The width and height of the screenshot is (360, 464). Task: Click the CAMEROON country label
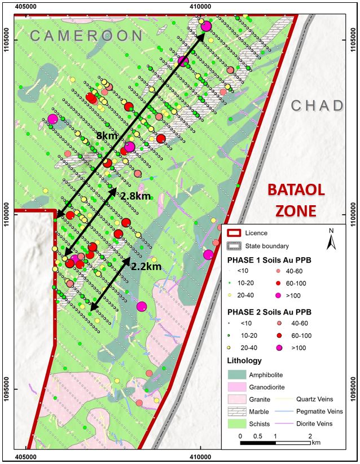pyautogui.click(x=86, y=36)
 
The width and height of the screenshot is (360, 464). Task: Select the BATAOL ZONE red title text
pyautogui.click(x=295, y=199)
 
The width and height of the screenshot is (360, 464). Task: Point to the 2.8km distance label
pyautogui.click(x=135, y=196)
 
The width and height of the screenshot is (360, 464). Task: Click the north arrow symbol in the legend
pyautogui.click(x=332, y=240)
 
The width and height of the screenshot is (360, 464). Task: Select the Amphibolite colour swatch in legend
pyautogui.click(x=237, y=374)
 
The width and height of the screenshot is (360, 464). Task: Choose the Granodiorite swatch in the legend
pyautogui.click(x=237, y=387)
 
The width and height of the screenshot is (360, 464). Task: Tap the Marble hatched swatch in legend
pyautogui.click(x=237, y=412)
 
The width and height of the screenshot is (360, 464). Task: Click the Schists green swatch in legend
pyautogui.click(x=237, y=424)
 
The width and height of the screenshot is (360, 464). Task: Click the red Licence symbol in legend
pyautogui.click(x=237, y=233)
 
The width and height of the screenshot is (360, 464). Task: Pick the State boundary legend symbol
pyautogui.click(x=237, y=246)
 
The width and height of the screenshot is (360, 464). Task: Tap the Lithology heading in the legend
pyautogui.click(x=244, y=361)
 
